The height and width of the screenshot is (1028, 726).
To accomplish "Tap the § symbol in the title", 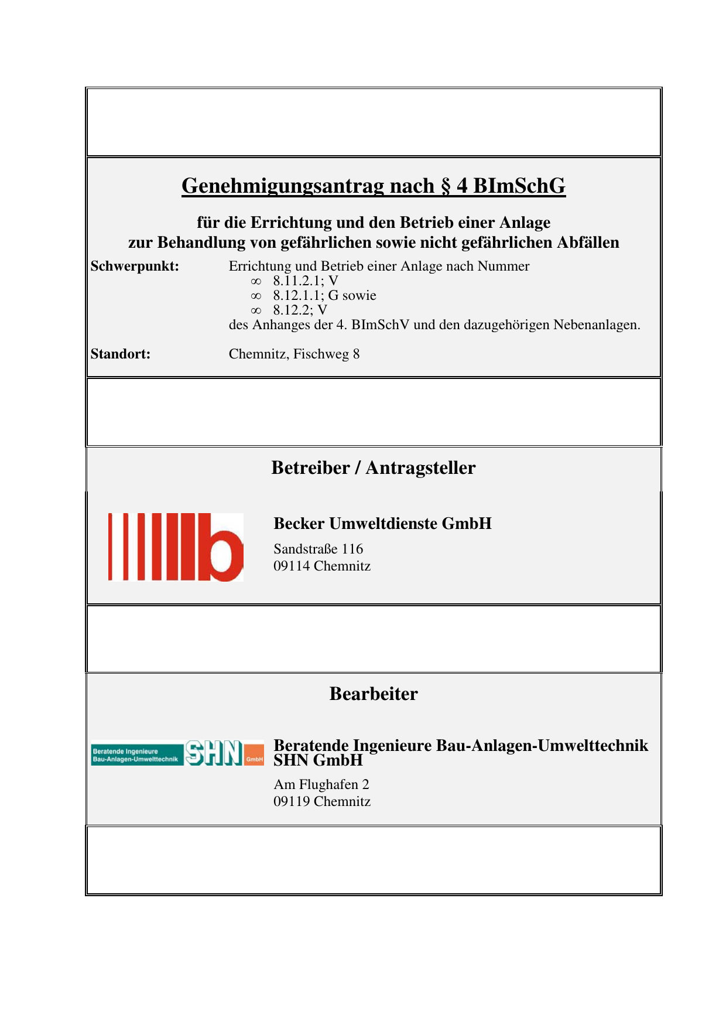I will coord(446,186).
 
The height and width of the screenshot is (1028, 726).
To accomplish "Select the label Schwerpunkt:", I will coord(135,267).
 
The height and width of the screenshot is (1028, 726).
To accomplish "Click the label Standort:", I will coord(121,354).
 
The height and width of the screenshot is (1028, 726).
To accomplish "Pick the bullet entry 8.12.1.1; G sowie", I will coord(324,296).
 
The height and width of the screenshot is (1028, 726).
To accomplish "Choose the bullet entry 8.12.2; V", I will coord(300,310).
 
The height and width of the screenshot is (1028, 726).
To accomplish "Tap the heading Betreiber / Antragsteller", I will coord(373,468).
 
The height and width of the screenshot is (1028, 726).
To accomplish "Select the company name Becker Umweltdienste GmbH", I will coord(382,524).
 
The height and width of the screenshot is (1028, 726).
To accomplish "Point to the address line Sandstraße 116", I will coord(318,549).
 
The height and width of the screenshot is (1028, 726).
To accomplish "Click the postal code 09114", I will coord(291,566).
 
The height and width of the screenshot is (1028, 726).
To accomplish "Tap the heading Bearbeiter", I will coord(373,694).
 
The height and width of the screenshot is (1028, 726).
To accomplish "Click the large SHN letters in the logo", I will coord(214,753).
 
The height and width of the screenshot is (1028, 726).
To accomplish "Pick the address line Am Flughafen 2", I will coord(321,785).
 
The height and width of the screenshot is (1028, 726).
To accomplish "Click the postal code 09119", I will coord(291,802).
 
